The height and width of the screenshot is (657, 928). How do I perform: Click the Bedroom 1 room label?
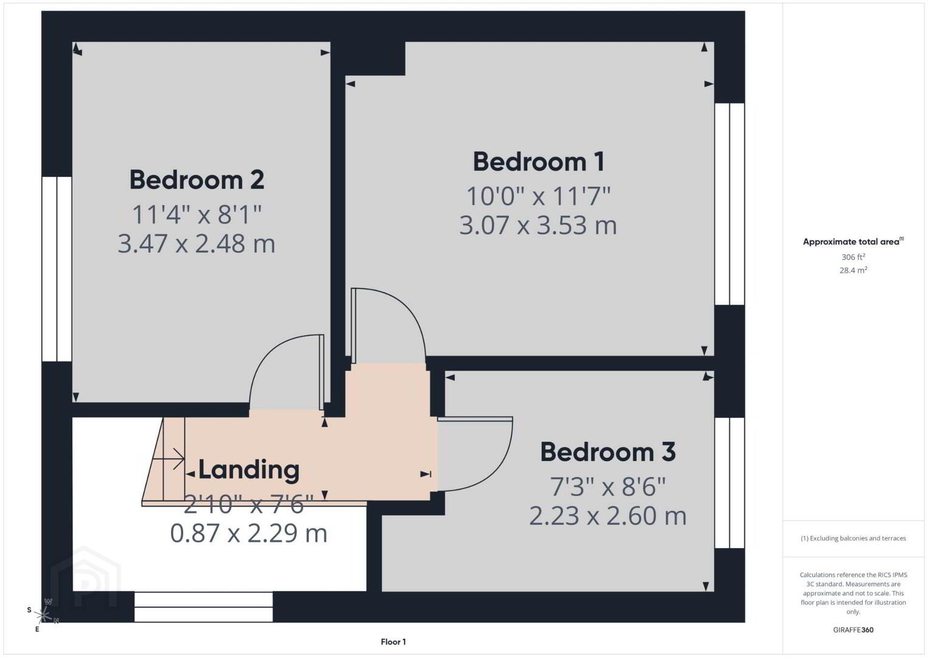pyautogui.click(x=539, y=162)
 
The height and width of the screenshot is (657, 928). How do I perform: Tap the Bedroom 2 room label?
pyautogui.click(x=197, y=180)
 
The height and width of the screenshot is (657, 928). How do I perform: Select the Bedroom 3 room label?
pyautogui.click(x=608, y=452)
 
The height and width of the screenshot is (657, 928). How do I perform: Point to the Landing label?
pyautogui.click(x=249, y=470)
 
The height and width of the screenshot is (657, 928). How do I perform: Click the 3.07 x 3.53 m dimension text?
pyautogui.click(x=538, y=226)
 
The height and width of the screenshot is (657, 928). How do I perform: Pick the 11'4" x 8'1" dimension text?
pyautogui.click(x=197, y=215)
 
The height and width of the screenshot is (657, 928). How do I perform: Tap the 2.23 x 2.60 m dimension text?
pyautogui.click(x=608, y=516)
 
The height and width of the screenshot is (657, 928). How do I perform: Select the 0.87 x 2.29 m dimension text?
pyautogui.click(x=249, y=534)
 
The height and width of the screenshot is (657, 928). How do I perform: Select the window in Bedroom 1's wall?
pyautogui.click(x=730, y=204)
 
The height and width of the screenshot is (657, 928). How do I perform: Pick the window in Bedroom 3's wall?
pyautogui.click(x=730, y=483)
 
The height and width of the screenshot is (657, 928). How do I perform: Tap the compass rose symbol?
pyautogui.click(x=43, y=615)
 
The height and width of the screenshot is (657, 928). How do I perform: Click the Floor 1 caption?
pyautogui.click(x=393, y=642)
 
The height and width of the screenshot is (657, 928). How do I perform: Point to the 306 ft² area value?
pyautogui.click(x=853, y=257)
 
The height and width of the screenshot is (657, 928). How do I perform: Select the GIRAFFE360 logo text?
pyautogui.click(x=853, y=630)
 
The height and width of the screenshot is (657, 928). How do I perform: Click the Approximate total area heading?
pyautogui.click(x=853, y=242)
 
